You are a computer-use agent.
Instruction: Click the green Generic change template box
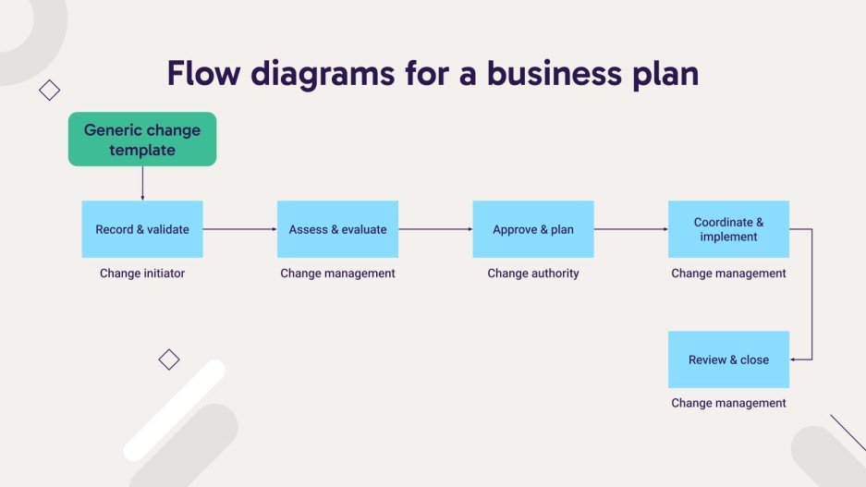tap(142, 140)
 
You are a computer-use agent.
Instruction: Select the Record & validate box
tap(142, 229)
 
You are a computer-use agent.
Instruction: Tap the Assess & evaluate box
tap(337, 229)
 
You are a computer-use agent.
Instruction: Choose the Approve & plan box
tap(532, 229)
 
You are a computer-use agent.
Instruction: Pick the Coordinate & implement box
tap(728, 229)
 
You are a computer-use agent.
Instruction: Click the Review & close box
tap(728, 359)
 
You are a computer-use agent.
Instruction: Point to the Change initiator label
tap(142, 274)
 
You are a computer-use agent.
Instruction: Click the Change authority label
tap(532, 274)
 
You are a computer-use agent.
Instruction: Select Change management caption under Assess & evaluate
tap(337, 274)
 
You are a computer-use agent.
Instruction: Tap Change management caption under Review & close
tap(728, 403)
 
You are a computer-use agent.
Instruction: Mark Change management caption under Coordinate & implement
tap(728, 274)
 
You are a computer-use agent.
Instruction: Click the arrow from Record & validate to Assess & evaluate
tap(239, 229)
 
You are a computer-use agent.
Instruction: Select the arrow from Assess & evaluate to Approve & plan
tap(435, 229)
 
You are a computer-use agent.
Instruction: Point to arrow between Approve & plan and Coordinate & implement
tap(630, 229)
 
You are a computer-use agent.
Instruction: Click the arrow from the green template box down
tap(142, 183)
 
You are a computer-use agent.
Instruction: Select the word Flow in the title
tap(206, 73)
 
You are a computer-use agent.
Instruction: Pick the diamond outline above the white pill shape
tap(168, 359)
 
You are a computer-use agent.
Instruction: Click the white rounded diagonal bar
tap(175, 410)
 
